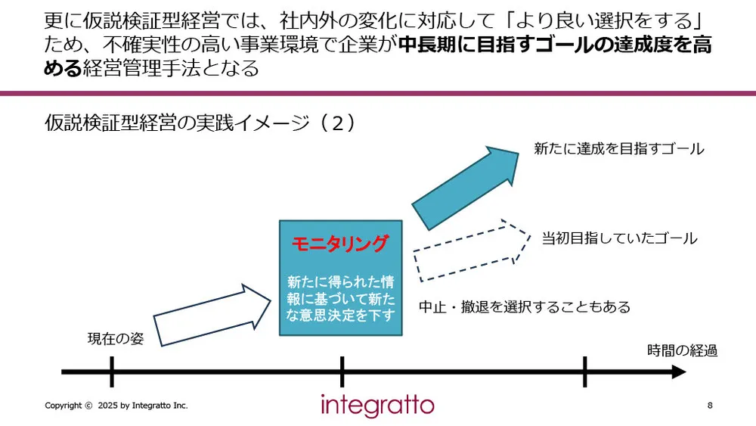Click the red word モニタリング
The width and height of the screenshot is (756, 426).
click(x=341, y=244)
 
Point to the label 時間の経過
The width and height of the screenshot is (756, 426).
click(x=682, y=350)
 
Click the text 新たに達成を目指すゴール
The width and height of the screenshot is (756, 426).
click(x=618, y=149)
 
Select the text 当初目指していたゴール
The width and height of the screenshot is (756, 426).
click(x=619, y=238)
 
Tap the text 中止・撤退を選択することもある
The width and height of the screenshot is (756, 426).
click(x=525, y=307)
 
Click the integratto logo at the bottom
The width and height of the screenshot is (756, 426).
click(x=377, y=405)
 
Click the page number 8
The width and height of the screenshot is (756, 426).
click(x=709, y=406)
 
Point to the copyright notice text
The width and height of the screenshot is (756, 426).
click(x=116, y=406)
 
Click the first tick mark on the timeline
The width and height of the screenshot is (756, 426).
click(x=111, y=372)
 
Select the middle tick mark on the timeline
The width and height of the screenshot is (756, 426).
click(x=342, y=372)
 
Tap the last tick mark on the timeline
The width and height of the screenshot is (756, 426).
click(x=584, y=372)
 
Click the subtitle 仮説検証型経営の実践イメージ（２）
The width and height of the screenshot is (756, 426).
click(x=200, y=123)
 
